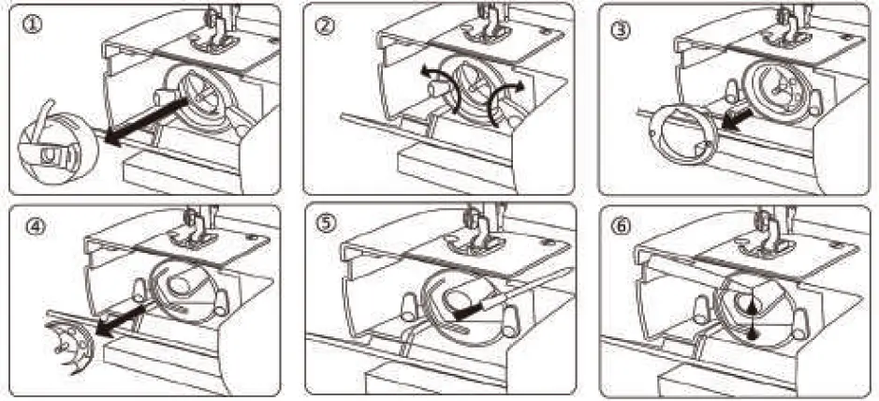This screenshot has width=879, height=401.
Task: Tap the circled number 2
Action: coord(325,26)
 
